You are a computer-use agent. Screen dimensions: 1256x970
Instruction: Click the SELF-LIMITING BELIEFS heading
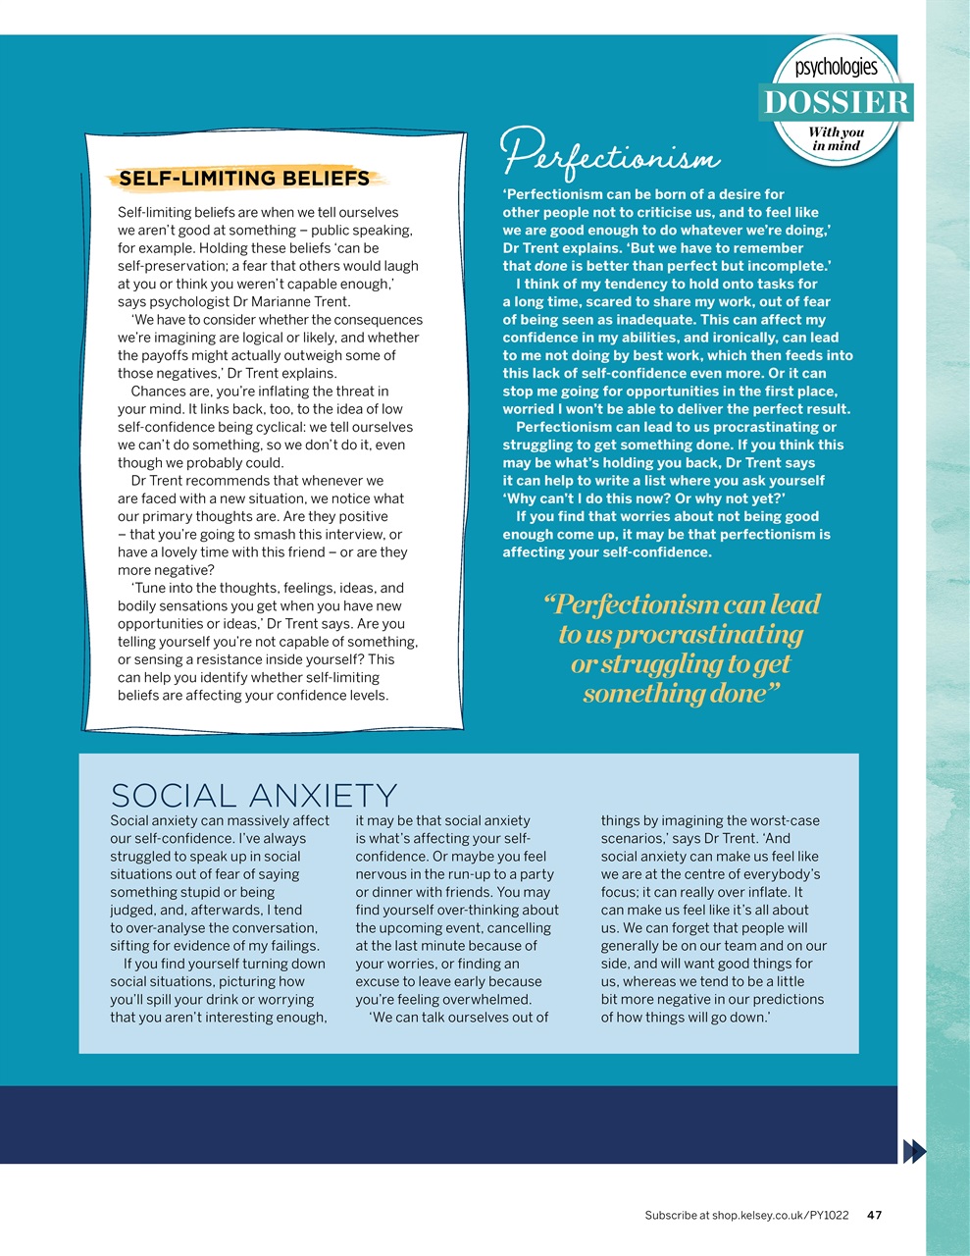click(244, 179)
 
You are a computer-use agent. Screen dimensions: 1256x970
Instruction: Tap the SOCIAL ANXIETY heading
click(254, 795)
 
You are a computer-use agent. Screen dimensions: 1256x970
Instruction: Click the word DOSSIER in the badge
click(836, 103)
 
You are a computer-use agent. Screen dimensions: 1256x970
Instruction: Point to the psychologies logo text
click(836, 68)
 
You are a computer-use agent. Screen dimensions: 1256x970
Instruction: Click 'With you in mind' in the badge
click(836, 138)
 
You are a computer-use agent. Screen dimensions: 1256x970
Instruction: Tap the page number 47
click(875, 1215)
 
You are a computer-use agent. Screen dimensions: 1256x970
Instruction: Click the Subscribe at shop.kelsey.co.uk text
click(746, 1215)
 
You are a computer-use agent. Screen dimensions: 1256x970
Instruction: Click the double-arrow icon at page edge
click(913, 1151)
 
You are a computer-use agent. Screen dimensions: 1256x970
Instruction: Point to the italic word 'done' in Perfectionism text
click(550, 266)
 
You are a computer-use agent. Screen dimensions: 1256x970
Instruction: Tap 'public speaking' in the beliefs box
click(363, 231)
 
